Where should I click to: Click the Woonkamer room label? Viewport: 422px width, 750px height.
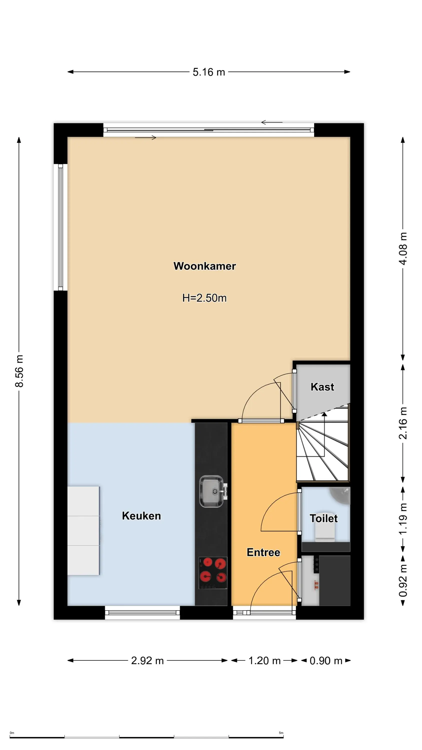204,266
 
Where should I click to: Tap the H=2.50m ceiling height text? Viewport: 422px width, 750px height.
204,298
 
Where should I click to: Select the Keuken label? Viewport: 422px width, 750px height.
141,516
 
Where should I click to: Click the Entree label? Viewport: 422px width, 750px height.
263,552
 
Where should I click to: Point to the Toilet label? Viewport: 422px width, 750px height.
323,518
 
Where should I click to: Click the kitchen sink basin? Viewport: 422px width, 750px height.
211,491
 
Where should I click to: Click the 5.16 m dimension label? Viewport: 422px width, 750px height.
209,72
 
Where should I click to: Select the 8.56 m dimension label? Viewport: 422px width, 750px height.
19,371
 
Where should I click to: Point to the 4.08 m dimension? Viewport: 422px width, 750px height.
403,249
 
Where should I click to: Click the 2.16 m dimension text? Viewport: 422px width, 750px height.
403,423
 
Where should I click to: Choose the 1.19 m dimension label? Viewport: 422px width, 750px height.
403,518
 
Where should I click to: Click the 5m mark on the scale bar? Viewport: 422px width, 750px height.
281,733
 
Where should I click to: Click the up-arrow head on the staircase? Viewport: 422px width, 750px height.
324,414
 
